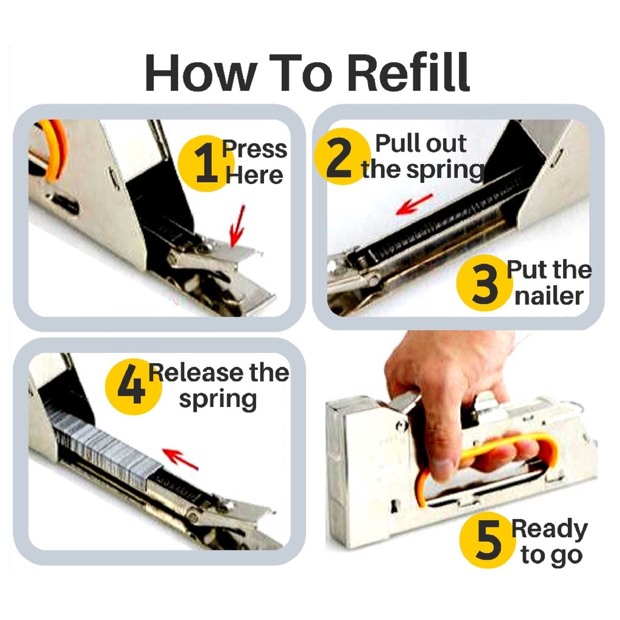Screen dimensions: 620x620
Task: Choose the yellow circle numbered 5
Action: coord(487,539)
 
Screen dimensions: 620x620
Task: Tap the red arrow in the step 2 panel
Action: coord(414,204)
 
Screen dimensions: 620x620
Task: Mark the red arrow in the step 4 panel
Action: coord(180,459)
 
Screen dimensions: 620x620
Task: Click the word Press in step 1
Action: coord(254,149)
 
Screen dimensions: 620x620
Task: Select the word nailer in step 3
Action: coord(549,296)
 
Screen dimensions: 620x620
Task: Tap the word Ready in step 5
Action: coord(550,529)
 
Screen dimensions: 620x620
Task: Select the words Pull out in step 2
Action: coord(421,143)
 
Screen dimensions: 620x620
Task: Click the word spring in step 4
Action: coord(218,400)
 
